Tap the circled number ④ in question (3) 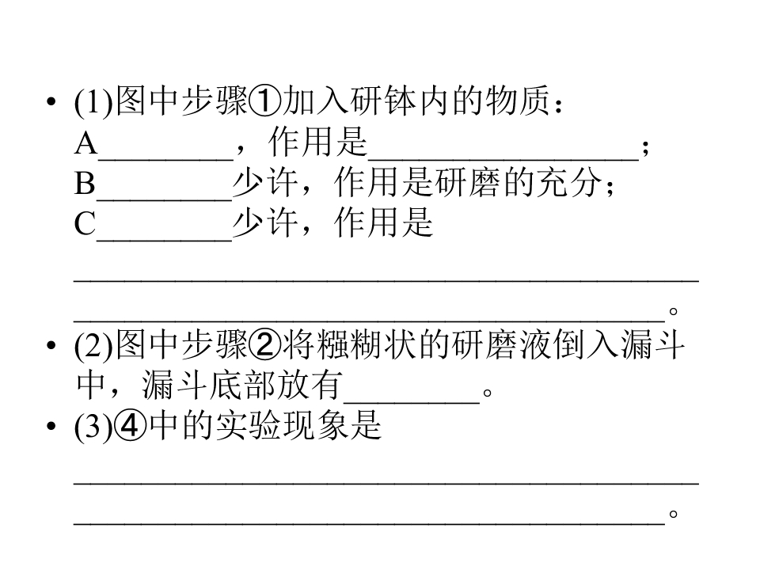[x=132, y=427]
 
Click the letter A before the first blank [x=85, y=143]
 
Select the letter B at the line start [x=85, y=183]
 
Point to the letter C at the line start [x=85, y=223]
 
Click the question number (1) [x=93, y=102]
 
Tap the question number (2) [x=93, y=346]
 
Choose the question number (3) [x=93, y=427]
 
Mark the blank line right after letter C [x=165, y=239]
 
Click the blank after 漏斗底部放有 [x=412, y=402]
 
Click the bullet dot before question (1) [x=51, y=102]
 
